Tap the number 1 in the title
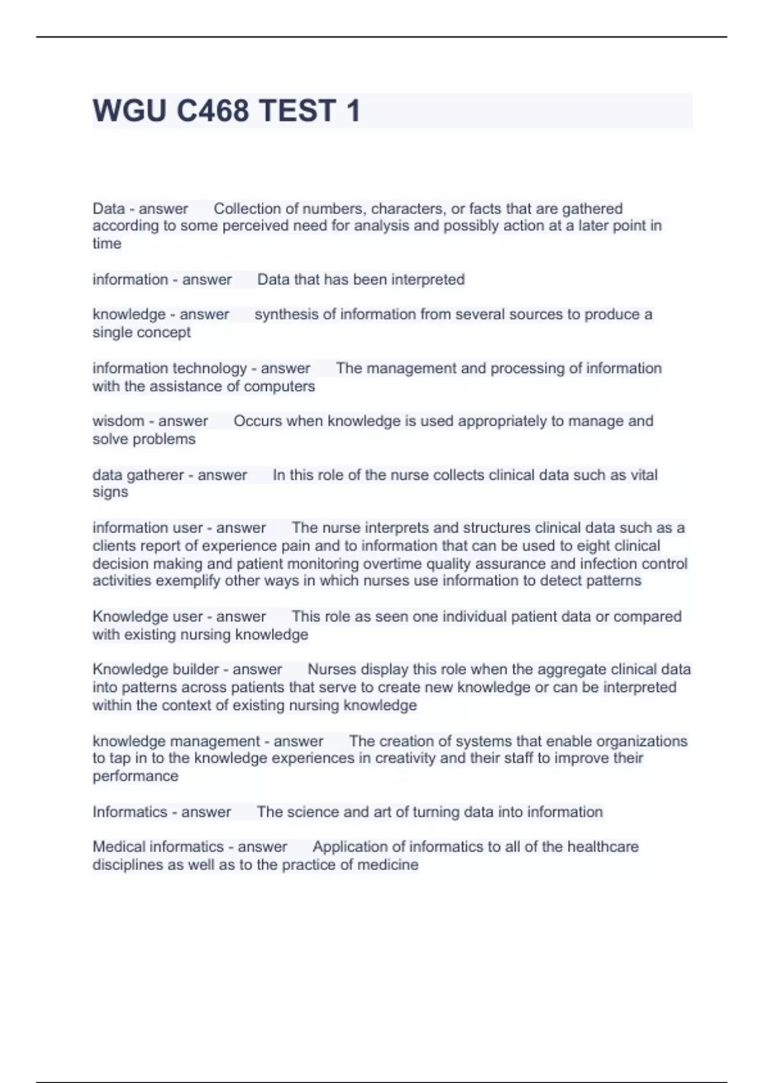[353, 111]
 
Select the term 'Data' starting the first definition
[108, 208]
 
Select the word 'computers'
[279, 386]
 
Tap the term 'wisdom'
[118, 421]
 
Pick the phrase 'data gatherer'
[138, 475]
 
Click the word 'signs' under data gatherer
[110, 492]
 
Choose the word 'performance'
[135, 776]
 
